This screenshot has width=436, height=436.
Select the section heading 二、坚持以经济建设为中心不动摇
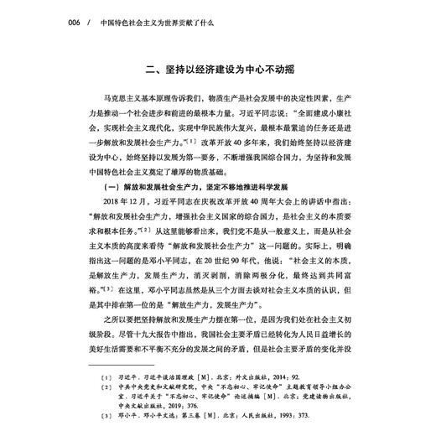216,71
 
